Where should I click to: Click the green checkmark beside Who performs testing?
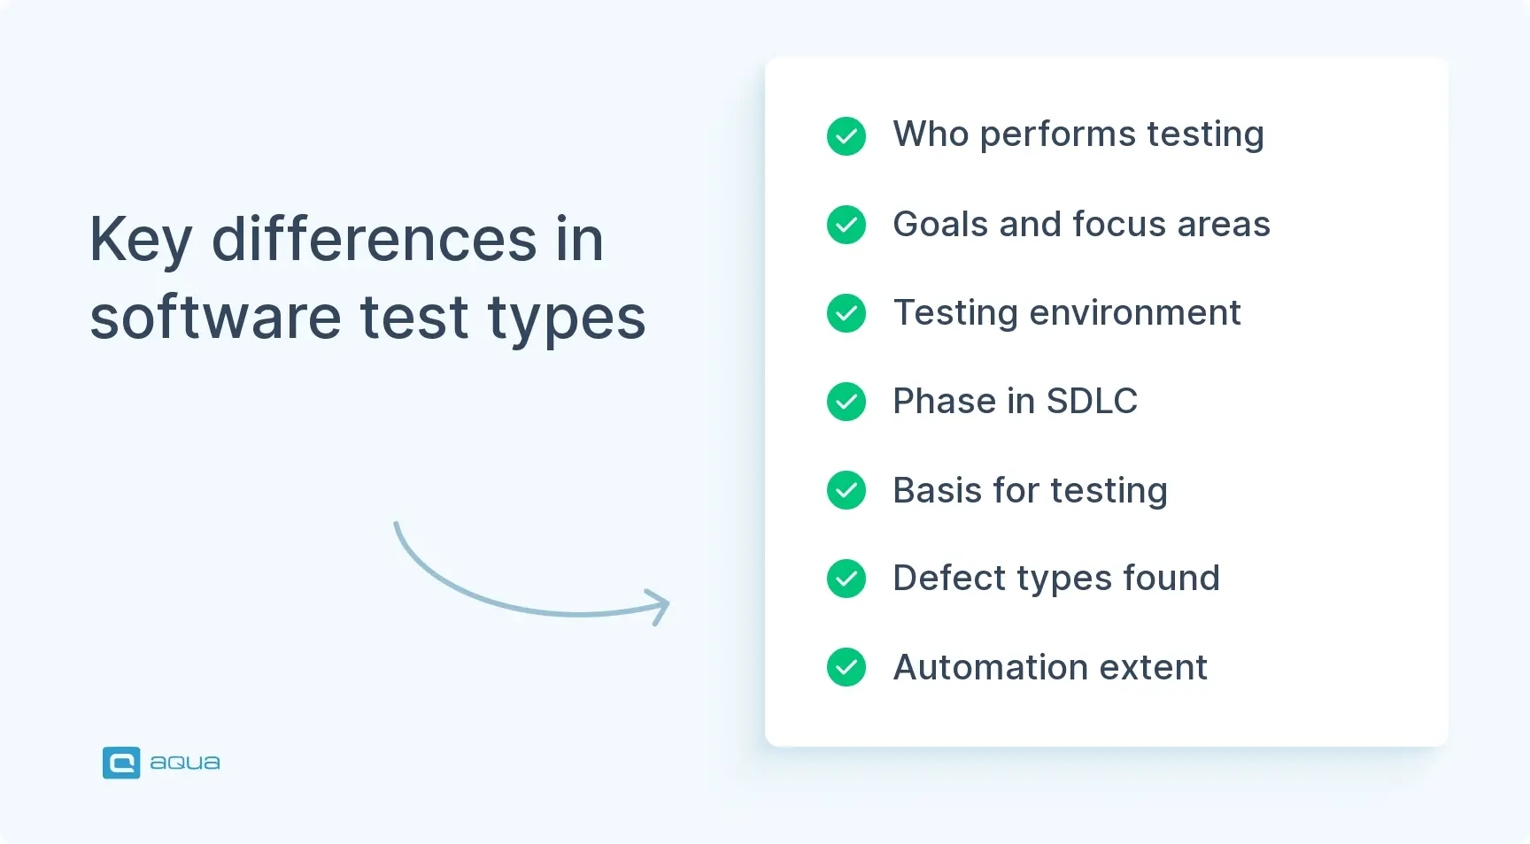(846, 136)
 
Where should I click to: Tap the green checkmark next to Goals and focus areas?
(846, 225)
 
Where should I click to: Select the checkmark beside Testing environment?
(846, 313)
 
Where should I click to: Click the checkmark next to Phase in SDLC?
(846, 402)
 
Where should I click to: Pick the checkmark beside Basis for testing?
(846, 490)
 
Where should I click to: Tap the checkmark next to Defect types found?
(846, 579)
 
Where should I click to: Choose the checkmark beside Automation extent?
(846, 667)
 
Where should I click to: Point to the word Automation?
(990, 667)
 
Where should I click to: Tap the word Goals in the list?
(939, 225)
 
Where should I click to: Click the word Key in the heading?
(140, 241)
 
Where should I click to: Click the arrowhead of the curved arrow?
(660, 607)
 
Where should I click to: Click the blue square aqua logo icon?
(121, 763)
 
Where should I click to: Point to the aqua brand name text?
(184, 763)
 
